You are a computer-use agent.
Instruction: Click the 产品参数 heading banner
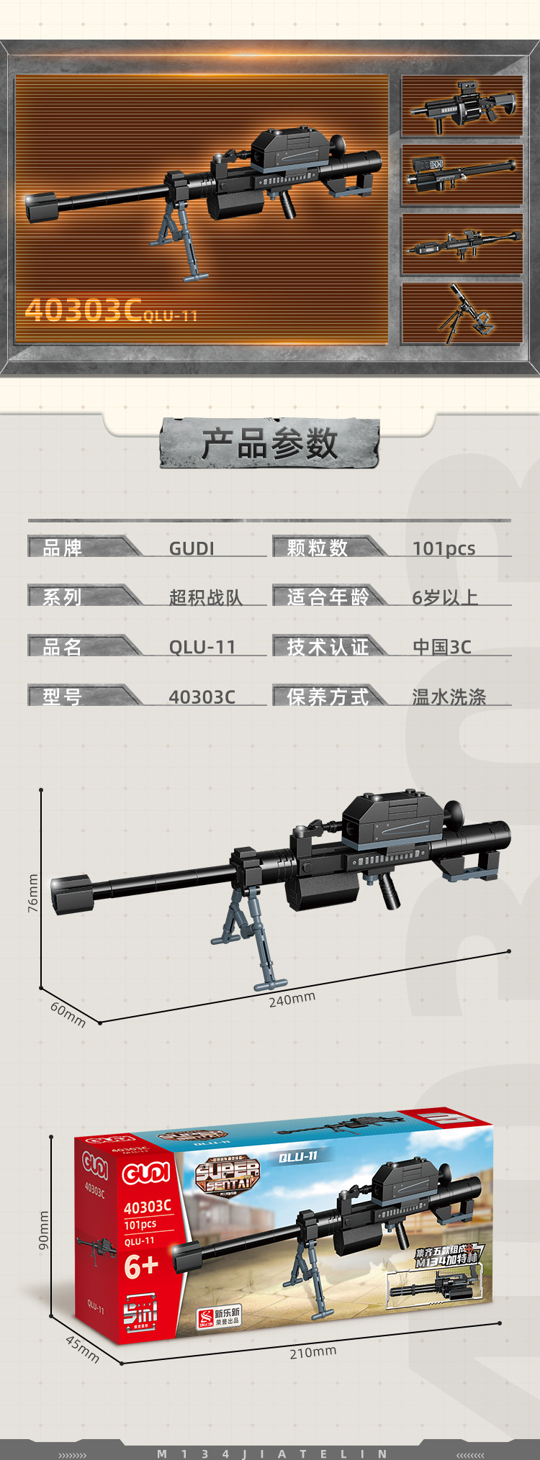[269, 443]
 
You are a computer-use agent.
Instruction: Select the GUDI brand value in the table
[192, 548]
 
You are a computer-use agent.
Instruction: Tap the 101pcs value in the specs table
[444, 548]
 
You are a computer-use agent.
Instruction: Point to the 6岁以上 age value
[445, 597]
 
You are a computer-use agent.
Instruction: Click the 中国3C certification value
[441, 647]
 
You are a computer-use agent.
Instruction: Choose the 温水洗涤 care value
[449, 697]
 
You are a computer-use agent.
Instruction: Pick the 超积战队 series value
[206, 597]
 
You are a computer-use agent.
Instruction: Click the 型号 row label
[63, 697]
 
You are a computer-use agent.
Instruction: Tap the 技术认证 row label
[328, 647]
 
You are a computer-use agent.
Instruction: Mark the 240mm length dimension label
[292, 999]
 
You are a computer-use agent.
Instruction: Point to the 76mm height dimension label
[33, 893]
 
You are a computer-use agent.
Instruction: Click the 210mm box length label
[312, 1352]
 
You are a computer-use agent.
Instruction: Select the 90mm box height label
[44, 1230]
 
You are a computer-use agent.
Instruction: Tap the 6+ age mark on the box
[140, 1266]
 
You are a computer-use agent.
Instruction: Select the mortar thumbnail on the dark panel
[462, 313]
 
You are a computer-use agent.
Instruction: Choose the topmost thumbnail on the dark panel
[462, 106]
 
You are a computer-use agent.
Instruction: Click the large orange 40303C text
[83, 310]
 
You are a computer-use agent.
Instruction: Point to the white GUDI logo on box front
[146, 1174]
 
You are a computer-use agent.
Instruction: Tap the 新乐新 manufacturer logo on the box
[220, 1316]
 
